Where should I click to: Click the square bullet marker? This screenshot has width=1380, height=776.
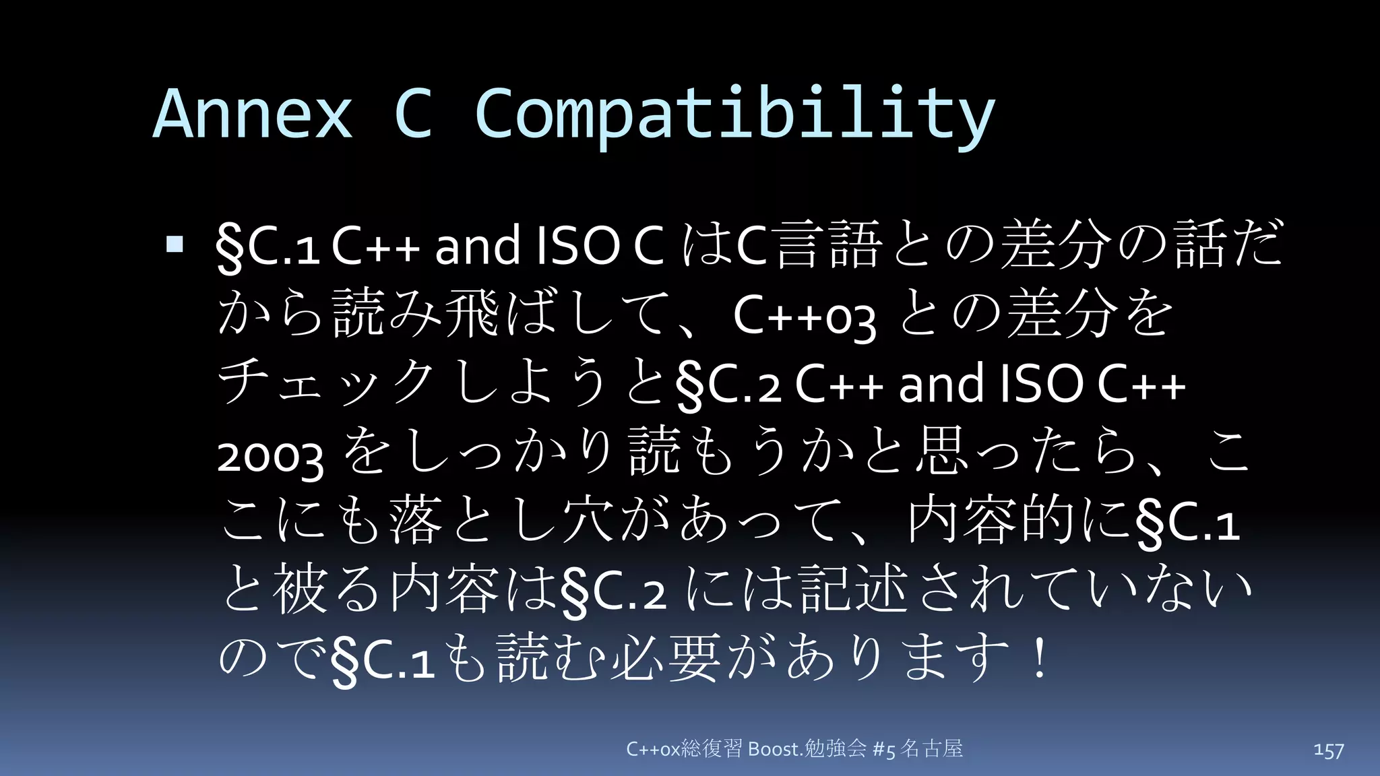tap(175, 243)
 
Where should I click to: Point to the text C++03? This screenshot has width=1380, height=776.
tap(805, 315)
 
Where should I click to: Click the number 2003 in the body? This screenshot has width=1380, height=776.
tap(271, 456)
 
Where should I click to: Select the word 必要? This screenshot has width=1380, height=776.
tap(666, 658)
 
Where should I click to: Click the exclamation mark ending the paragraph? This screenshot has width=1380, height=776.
tap(1040, 658)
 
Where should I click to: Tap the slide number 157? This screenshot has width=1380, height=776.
tap(1328, 750)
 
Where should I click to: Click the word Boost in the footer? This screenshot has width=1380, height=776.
tap(774, 749)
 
